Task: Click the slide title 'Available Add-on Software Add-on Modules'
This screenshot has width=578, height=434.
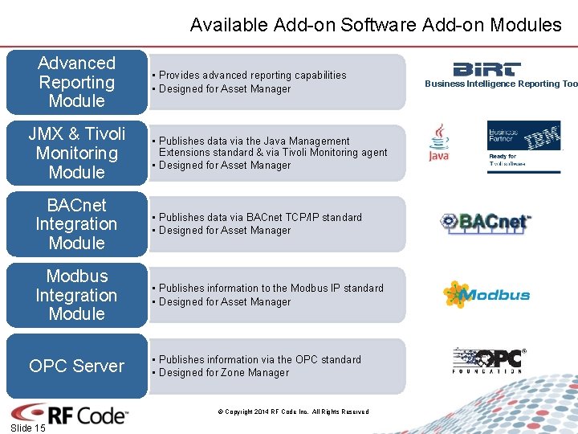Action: tap(376, 25)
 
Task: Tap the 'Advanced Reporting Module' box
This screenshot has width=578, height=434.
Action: tap(77, 82)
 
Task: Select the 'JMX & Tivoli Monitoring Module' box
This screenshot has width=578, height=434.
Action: tap(77, 153)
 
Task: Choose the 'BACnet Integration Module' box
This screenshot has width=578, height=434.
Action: tap(77, 223)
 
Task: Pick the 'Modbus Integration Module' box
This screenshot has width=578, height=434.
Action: tap(77, 295)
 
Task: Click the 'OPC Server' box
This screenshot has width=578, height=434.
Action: tap(77, 366)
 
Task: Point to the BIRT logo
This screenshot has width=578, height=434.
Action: tap(486, 69)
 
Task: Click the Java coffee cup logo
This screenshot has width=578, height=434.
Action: tap(439, 142)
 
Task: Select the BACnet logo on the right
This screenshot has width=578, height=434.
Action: tap(486, 222)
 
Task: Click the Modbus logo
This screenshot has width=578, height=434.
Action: tap(486, 295)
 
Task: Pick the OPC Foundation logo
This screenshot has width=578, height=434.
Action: tap(489, 360)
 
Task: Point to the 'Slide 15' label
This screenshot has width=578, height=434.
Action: tap(28, 428)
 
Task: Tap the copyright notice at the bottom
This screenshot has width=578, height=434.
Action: tap(293, 411)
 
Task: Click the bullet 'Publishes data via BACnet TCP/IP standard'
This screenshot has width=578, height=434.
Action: tap(260, 217)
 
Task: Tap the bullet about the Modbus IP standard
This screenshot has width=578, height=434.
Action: tap(271, 288)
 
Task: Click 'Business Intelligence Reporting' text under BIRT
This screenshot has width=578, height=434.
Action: tap(501, 84)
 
